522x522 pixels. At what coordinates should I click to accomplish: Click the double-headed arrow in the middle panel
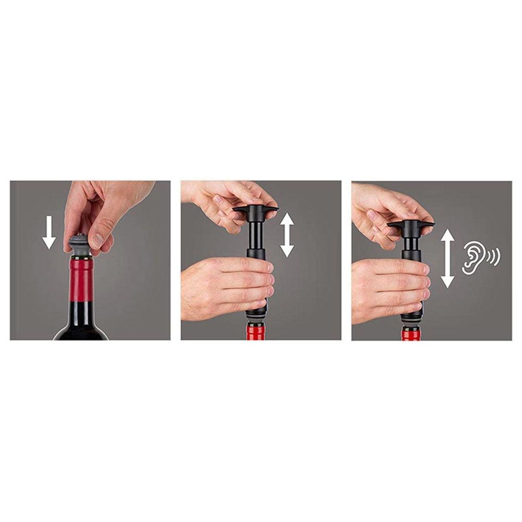[x=287, y=234]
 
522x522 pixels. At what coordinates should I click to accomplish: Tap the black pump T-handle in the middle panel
[x=255, y=210]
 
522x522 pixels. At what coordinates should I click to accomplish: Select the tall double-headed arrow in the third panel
[x=447, y=259]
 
